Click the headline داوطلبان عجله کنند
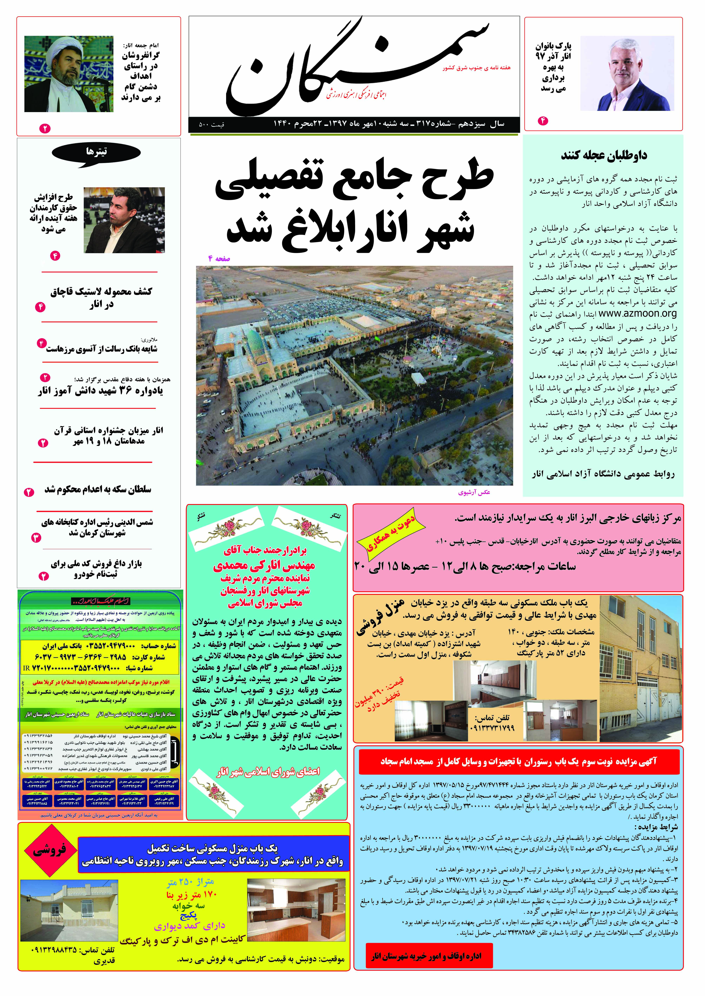(x=603, y=155)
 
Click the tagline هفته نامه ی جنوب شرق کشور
(x=477, y=68)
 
